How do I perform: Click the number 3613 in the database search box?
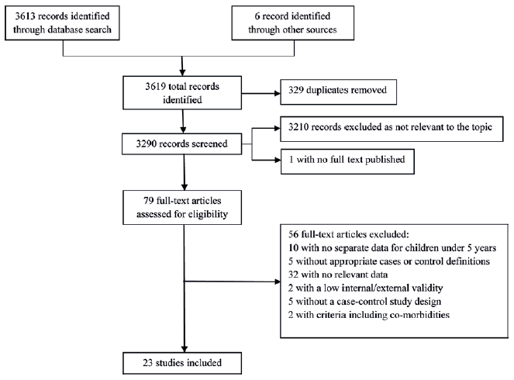pyautogui.click(x=25, y=16)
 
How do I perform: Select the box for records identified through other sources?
pyautogui.click(x=293, y=23)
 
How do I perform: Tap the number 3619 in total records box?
pyautogui.click(x=155, y=87)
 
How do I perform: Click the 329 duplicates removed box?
pyautogui.click(x=338, y=92)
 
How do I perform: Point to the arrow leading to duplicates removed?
pyautogui.click(x=261, y=93)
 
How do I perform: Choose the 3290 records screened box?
pyautogui.click(x=182, y=144)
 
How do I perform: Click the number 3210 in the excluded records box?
pyautogui.click(x=298, y=127)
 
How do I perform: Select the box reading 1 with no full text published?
pyautogui.click(x=347, y=161)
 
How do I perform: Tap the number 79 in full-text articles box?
pyautogui.click(x=149, y=201)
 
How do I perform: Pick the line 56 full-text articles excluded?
pyautogui.click(x=349, y=234)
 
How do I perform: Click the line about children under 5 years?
pyautogui.click(x=392, y=248)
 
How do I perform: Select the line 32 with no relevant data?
pyautogui.click(x=338, y=275)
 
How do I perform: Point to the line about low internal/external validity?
pyautogui.click(x=365, y=288)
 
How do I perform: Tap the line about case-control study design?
pyautogui.click(x=364, y=302)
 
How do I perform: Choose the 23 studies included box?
pyautogui.click(x=182, y=363)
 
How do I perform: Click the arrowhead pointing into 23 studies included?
pyautogui.click(x=185, y=349)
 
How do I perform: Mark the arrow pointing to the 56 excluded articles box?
pyautogui.click(x=232, y=282)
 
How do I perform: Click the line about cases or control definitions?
pyautogui.click(x=389, y=261)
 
